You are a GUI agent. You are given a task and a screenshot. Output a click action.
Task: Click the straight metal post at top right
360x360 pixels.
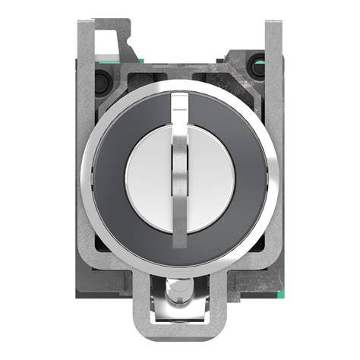tap(268, 42)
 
